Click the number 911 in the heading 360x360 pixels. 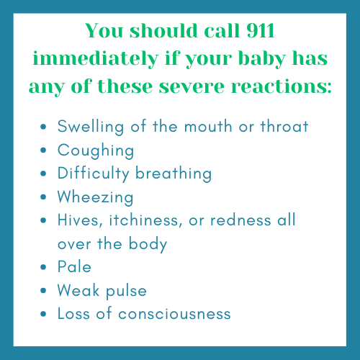coord(258,31)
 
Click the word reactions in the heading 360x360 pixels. coord(282,87)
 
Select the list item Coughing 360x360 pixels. coord(86,150)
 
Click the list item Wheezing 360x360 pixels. coord(86,197)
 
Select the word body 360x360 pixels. coord(148,243)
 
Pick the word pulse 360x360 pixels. coord(126,290)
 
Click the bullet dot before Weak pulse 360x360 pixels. coord(46,290)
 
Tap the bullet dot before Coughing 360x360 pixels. coord(46,150)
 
